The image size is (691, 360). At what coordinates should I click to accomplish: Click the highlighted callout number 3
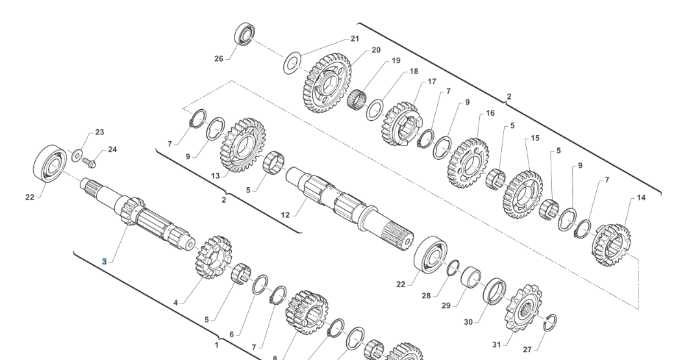click(x=105, y=262)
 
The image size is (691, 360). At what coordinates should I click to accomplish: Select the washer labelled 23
click(x=77, y=155)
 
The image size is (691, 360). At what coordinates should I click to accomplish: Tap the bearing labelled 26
click(x=245, y=34)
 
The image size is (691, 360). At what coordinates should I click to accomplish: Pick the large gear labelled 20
click(x=327, y=83)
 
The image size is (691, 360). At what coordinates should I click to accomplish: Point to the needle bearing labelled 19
click(x=357, y=99)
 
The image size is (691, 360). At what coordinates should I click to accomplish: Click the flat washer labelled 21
click(x=292, y=63)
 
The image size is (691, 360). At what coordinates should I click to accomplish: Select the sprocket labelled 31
click(x=523, y=308)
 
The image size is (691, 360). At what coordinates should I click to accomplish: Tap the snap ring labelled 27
click(x=551, y=322)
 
